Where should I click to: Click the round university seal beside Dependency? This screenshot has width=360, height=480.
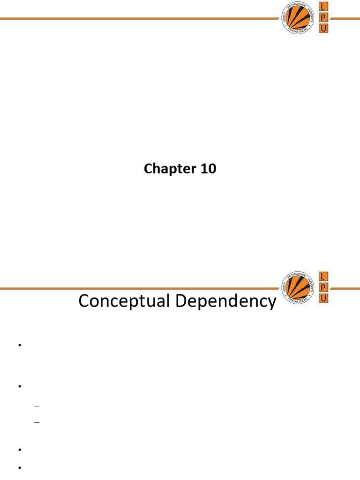tap(297, 287)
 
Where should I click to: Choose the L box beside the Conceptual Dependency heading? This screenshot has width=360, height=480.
tap(323, 276)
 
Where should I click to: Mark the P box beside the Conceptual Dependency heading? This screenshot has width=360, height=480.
tap(323, 287)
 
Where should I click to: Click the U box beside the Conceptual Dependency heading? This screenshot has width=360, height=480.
tap(323, 299)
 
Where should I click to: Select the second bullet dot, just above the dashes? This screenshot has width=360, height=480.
tap(20, 386)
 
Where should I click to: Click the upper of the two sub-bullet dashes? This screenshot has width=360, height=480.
tap(37, 406)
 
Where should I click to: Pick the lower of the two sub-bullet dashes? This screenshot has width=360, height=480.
tap(37, 423)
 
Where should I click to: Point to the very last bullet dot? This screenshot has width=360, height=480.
tap(20, 467)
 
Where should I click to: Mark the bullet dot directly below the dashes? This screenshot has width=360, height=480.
tap(20, 450)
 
